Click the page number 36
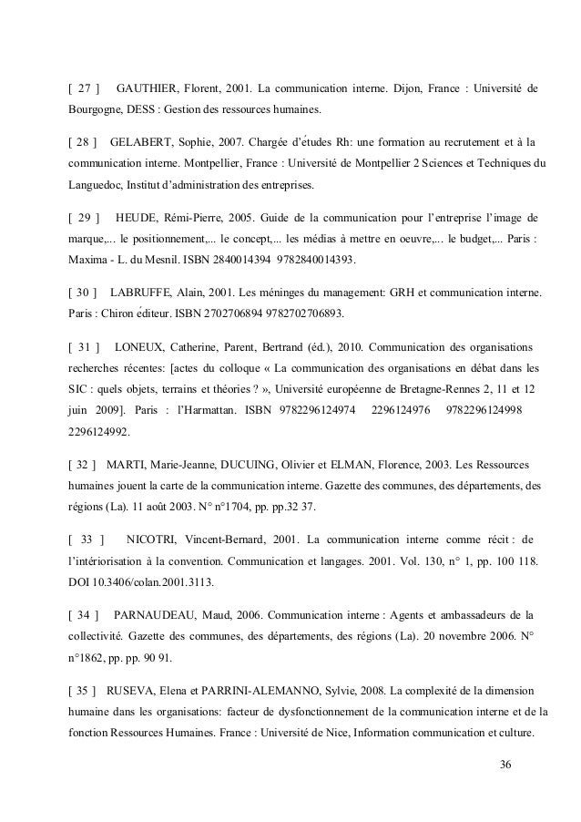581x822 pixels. coord(506,762)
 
